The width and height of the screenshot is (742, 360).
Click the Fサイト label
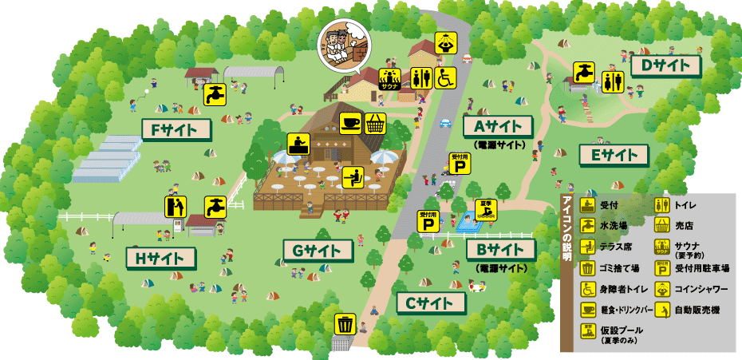(175, 129)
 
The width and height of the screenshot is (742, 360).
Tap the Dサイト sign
(665, 65)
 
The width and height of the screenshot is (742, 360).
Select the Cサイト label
(430, 303)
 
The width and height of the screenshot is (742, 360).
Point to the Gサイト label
(317, 251)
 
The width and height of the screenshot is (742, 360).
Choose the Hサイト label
(160, 258)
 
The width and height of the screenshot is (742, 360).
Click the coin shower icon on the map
(446, 45)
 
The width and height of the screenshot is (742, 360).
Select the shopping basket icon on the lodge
(376, 123)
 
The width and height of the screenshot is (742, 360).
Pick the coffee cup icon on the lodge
(350, 123)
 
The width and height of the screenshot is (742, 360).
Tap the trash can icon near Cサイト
(345, 323)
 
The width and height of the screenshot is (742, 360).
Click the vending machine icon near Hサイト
(176, 206)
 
